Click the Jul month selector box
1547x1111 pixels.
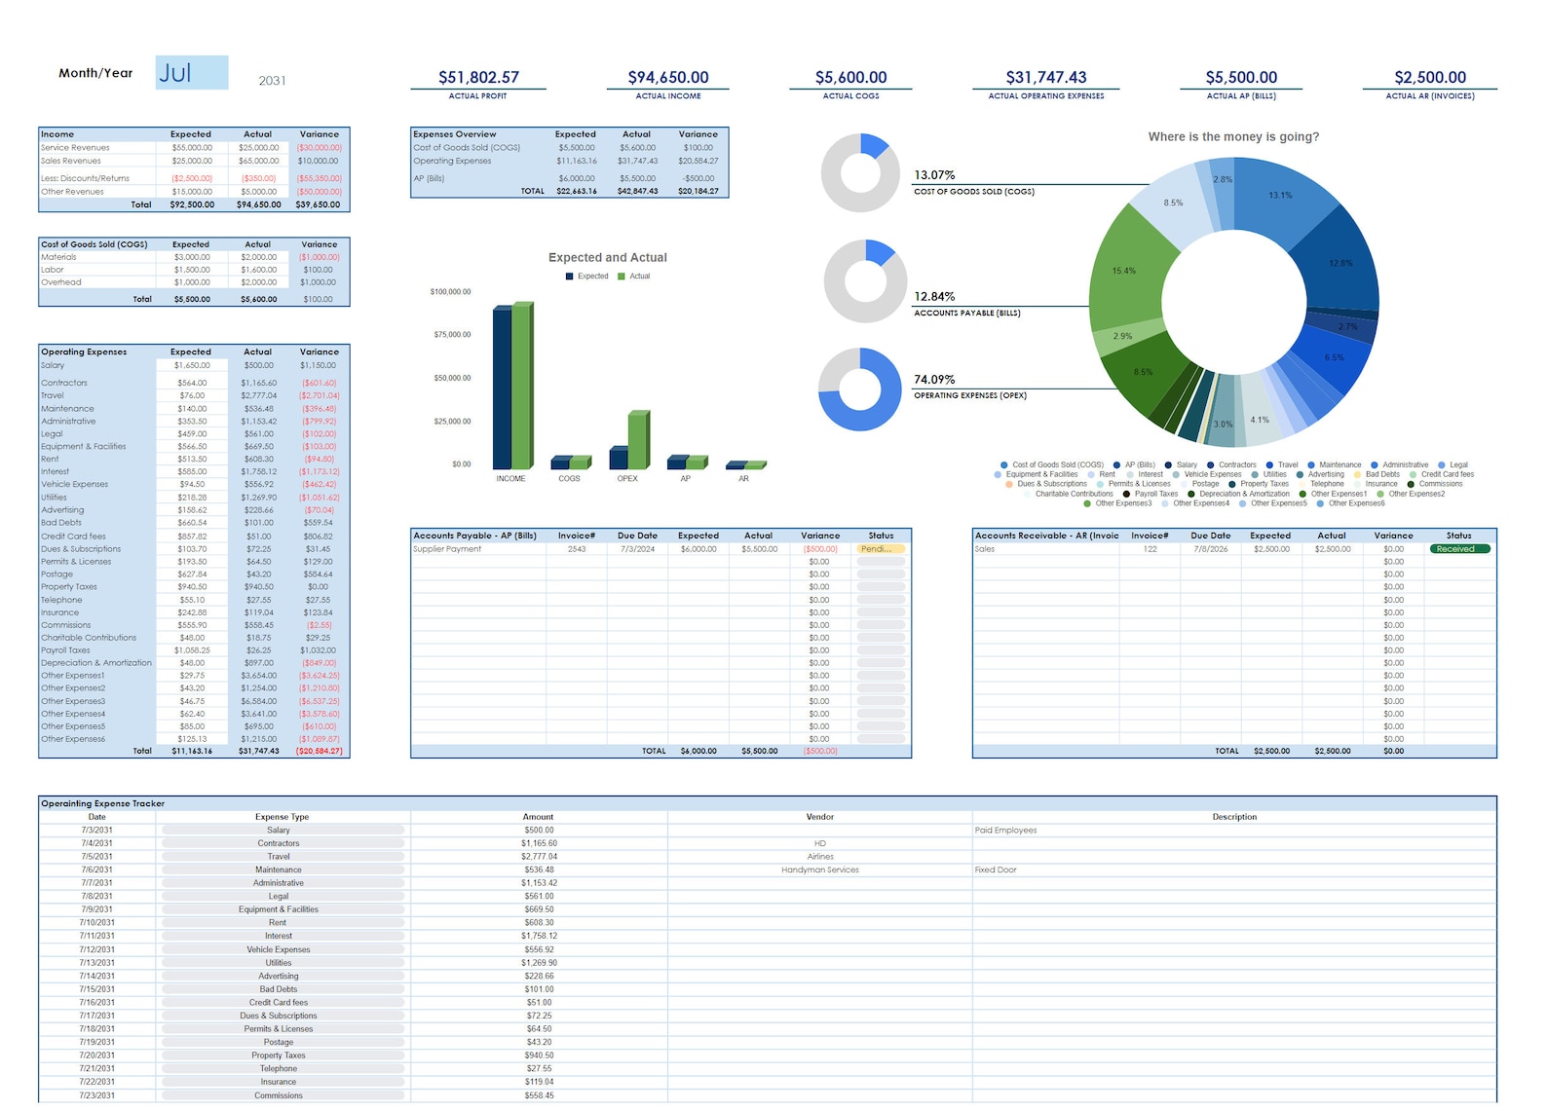(x=192, y=73)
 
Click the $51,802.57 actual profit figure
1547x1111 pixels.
(x=478, y=77)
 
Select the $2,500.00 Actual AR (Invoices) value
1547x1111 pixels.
(x=1429, y=77)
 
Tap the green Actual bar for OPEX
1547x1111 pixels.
(x=638, y=440)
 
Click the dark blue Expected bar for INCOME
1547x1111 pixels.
(x=502, y=389)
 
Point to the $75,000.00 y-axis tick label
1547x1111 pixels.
(x=452, y=335)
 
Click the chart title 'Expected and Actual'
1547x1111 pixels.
(x=607, y=258)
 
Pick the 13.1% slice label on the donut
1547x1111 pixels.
(x=1280, y=196)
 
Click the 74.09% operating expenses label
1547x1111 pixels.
(x=934, y=380)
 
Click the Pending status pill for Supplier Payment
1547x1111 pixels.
(x=880, y=549)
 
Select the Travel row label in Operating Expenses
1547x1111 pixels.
(x=53, y=395)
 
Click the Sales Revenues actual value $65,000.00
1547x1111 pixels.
(x=258, y=161)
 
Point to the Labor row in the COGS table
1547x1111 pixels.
(x=53, y=270)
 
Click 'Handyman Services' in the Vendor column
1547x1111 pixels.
(x=819, y=870)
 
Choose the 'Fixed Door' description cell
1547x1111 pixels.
(x=995, y=870)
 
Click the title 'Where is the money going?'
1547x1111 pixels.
(x=1232, y=137)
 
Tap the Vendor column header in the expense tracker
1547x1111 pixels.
(x=819, y=817)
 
